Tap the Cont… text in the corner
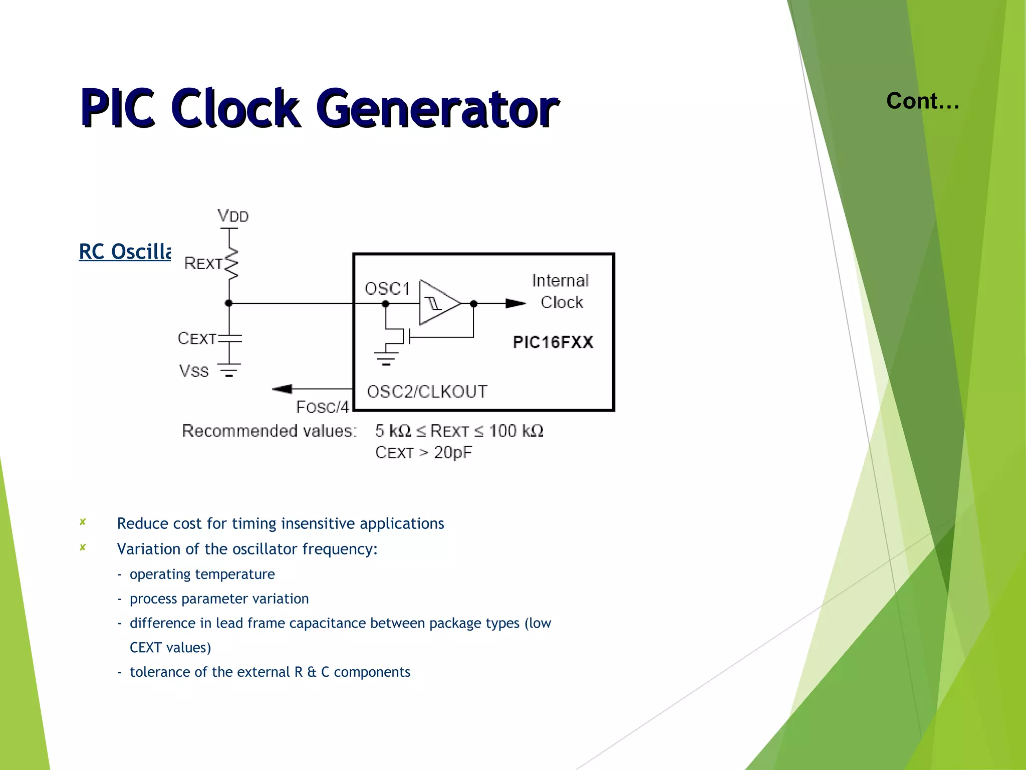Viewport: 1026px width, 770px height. [x=922, y=101]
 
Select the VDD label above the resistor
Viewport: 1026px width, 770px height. [x=233, y=216]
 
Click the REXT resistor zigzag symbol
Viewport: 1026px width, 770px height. [x=231, y=263]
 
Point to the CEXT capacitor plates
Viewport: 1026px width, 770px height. [x=230, y=338]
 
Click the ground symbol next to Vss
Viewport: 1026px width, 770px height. [x=229, y=370]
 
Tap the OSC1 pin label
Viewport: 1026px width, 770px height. [x=387, y=289]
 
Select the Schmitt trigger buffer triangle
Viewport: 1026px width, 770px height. [x=438, y=303]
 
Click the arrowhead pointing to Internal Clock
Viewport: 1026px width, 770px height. [x=515, y=303]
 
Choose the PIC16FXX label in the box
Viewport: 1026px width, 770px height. [x=553, y=342]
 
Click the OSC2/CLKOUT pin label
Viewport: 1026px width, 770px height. [x=427, y=392]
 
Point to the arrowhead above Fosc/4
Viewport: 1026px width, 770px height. [x=282, y=389]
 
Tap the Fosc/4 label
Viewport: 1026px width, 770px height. [x=322, y=407]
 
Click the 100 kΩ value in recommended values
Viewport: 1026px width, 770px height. [x=516, y=431]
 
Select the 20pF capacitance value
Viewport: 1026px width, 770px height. [x=452, y=453]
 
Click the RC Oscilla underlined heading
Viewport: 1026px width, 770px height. [x=125, y=252]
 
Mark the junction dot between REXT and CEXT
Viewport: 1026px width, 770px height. [x=229, y=303]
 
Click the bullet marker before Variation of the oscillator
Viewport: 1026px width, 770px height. [x=83, y=547]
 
